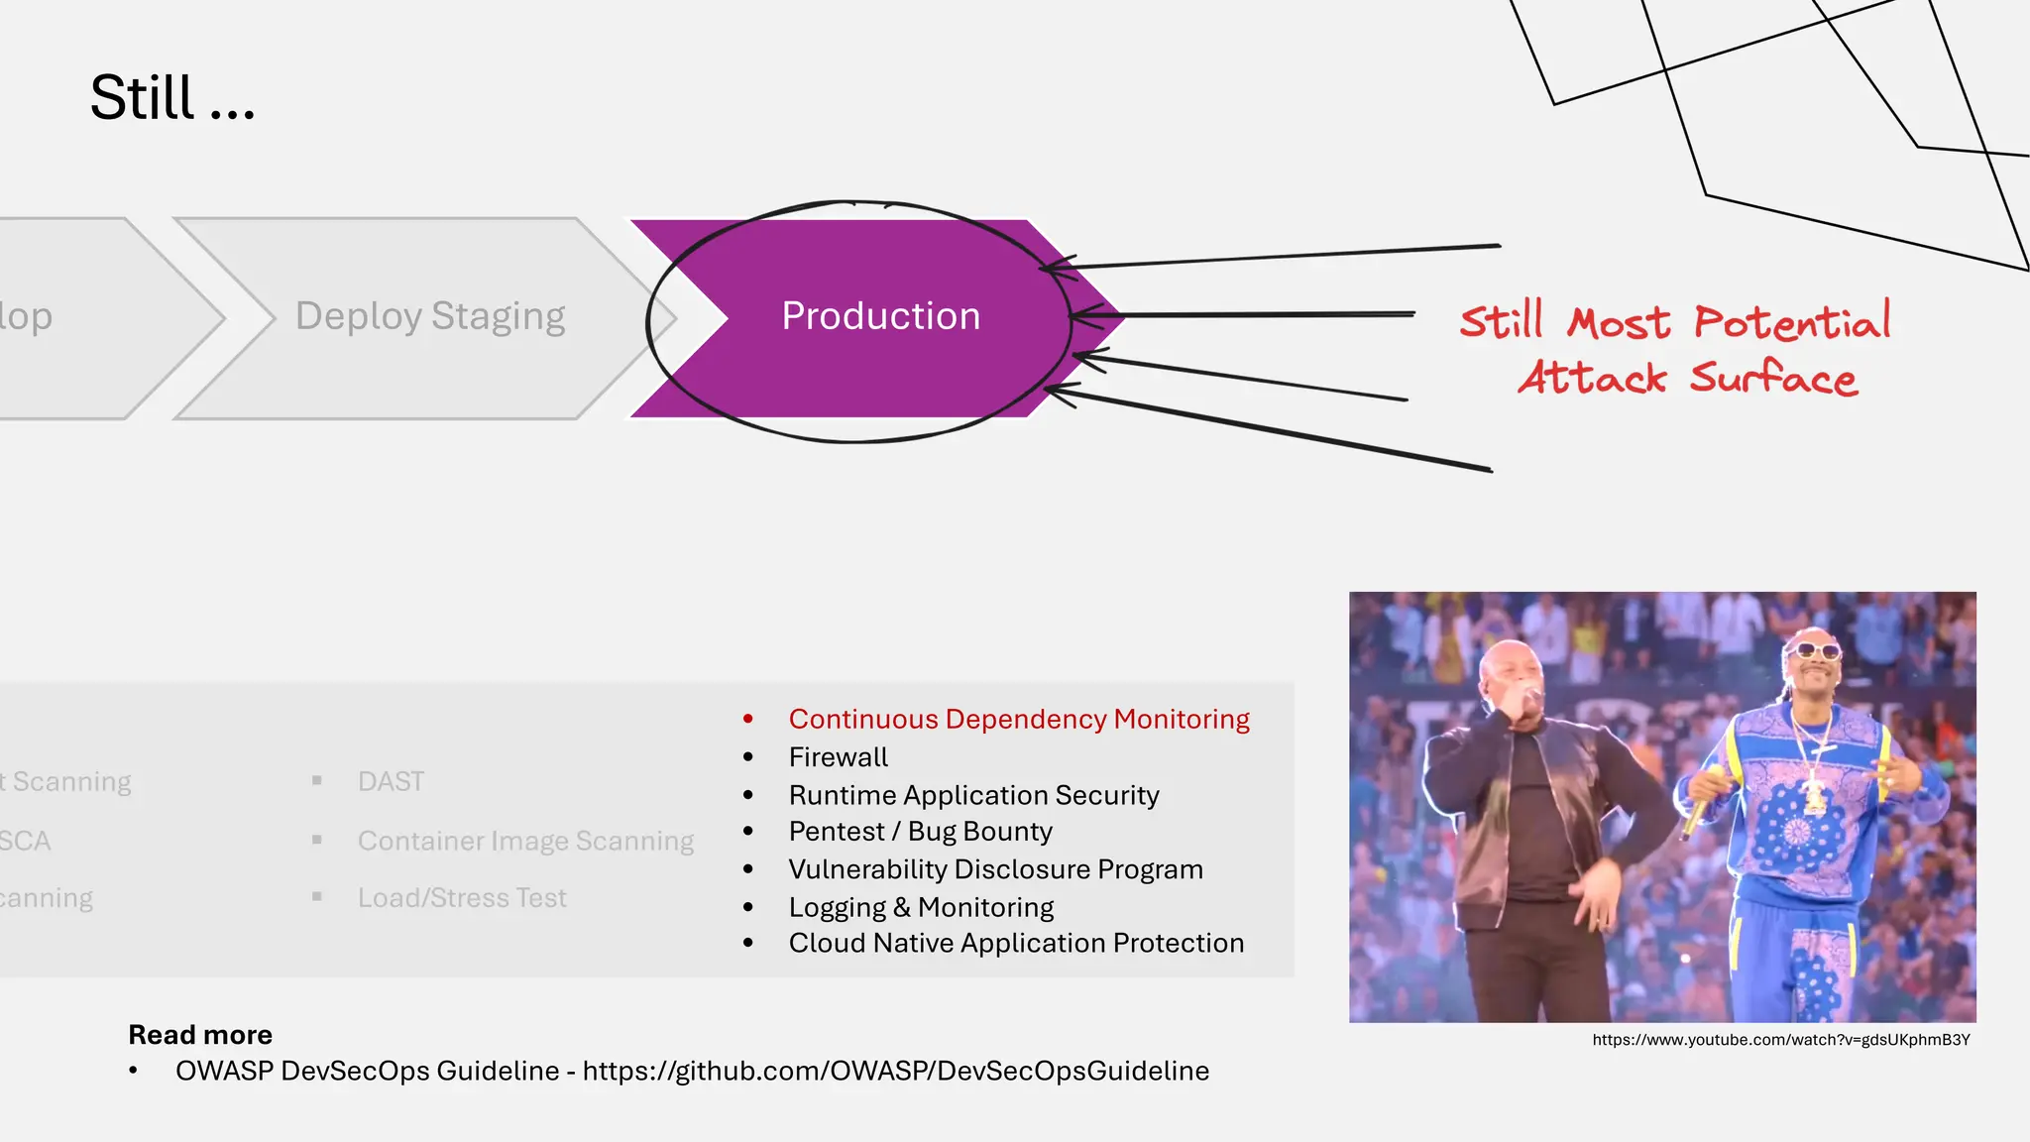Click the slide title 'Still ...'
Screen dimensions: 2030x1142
(172, 98)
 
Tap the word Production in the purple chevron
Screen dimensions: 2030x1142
(880, 316)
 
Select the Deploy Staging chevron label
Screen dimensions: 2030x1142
(430, 316)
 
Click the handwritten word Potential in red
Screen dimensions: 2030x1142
(1791, 322)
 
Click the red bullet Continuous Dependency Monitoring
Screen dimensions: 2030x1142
(1019, 719)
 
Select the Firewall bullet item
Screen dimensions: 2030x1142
(838, 757)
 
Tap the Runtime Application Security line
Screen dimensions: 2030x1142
(973, 795)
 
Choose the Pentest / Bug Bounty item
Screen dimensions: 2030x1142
(920, 832)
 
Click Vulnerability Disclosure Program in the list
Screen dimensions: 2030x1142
(995, 869)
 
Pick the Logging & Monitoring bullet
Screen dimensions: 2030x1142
(921, 907)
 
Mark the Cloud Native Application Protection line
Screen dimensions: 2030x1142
(1016, 943)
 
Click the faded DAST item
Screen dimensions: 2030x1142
(392, 782)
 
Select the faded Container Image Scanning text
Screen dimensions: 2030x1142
(525, 841)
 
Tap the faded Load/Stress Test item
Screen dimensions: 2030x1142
(462, 898)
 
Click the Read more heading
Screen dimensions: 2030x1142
(200, 1035)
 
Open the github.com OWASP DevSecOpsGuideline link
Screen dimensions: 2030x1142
(895, 1072)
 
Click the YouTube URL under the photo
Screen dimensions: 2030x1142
(1780, 1040)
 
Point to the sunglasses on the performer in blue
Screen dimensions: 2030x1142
(1818, 650)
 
